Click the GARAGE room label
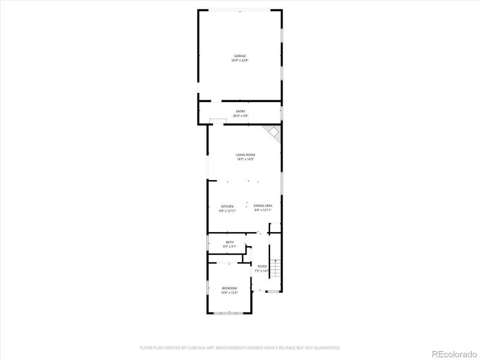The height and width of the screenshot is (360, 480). pyautogui.click(x=240, y=56)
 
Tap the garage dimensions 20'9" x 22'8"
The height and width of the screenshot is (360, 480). pyautogui.click(x=240, y=60)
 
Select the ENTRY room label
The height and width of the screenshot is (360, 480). pyautogui.click(x=241, y=111)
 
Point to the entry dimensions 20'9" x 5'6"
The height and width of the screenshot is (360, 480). pyautogui.click(x=241, y=115)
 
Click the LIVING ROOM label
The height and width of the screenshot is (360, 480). pyautogui.click(x=245, y=155)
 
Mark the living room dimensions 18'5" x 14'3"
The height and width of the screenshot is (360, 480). pyautogui.click(x=245, y=159)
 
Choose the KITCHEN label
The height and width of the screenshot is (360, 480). pyautogui.click(x=227, y=206)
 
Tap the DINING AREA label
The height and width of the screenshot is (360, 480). pyautogui.click(x=263, y=205)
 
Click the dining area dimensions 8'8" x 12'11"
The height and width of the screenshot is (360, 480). pyautogui.click(x=263, y=210)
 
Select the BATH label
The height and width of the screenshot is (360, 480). pyautogui.click(x=230, y=242)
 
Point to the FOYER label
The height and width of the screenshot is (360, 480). pyautogui.click(x=262, y=266)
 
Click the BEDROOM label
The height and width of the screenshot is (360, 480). pyautogui.click(x=229, y=288)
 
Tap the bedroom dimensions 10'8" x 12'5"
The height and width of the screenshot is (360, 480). pyautogui.click(x=229, y=293)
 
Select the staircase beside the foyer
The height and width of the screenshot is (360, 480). pyautogui.click(x=276, y=269)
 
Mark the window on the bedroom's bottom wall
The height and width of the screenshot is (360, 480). pyautogui.click(x=229, y=313)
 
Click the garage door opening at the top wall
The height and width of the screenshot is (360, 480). pyautogui.click(x=240, y=10)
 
